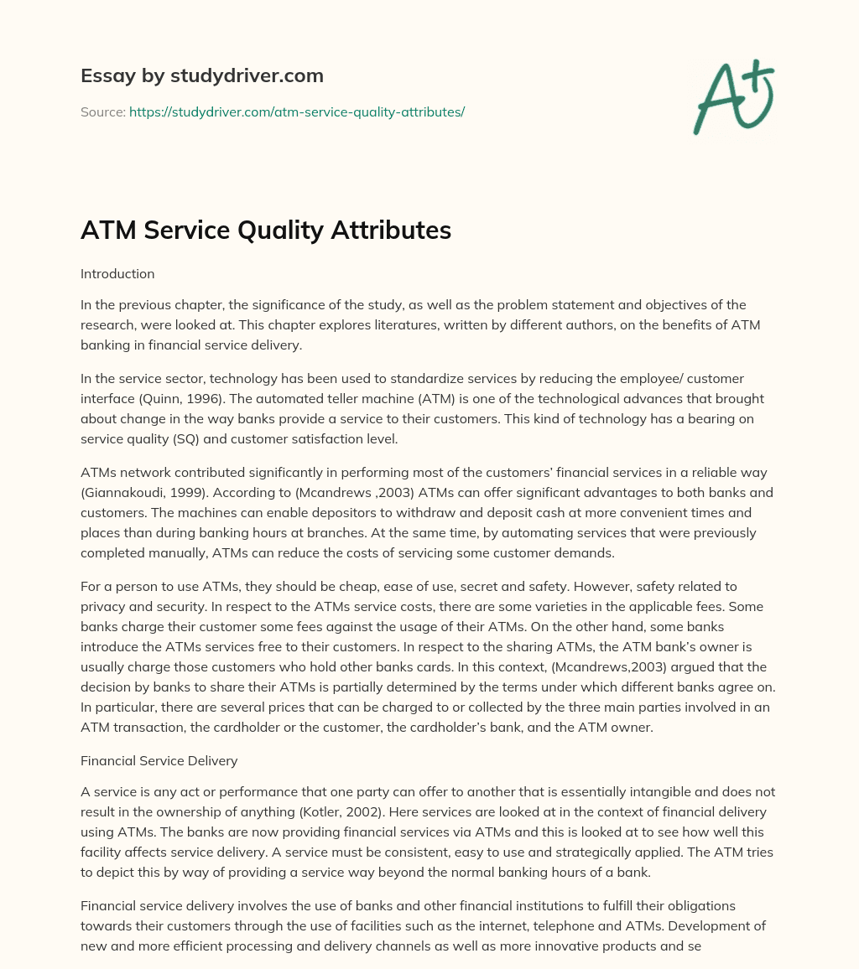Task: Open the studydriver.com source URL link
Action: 296,111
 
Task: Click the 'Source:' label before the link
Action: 102,111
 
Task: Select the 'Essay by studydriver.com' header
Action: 201,75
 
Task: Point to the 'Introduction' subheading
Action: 117,273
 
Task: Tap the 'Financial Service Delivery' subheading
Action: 159,760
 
